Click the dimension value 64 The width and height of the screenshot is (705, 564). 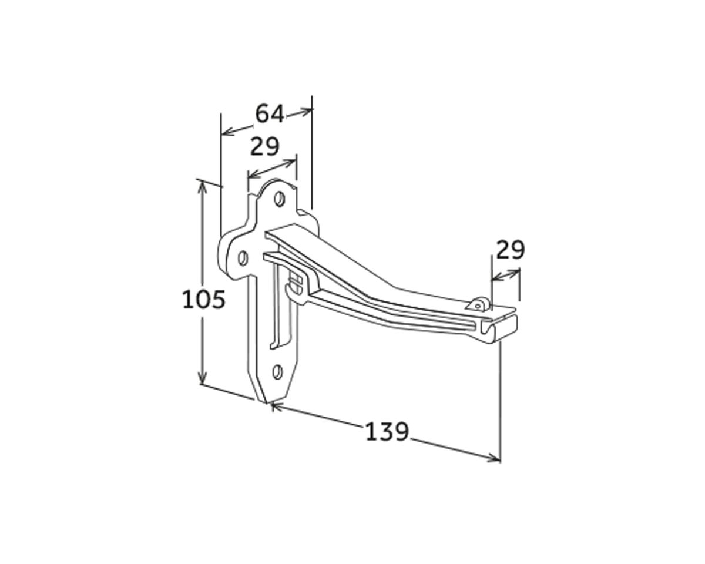pos(269,114)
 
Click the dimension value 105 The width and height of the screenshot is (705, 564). pos(204,299)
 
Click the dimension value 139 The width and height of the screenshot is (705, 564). pos(387,432)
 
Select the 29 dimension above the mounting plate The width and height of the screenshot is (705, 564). pos(265,146)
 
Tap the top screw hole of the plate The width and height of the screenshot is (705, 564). pos(279,199)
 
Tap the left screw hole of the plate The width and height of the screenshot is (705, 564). pos(243,258)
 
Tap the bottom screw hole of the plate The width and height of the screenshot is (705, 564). pos(277,372)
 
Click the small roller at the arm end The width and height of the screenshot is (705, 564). pos(478,304)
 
